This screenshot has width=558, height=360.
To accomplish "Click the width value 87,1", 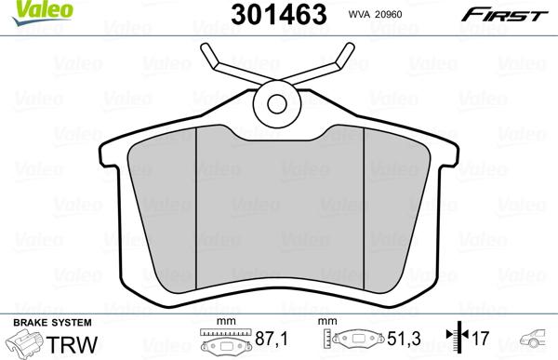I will [271, 339].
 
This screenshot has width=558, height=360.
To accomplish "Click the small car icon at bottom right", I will [537, 340].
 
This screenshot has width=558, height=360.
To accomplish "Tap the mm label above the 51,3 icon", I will [326, 321].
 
